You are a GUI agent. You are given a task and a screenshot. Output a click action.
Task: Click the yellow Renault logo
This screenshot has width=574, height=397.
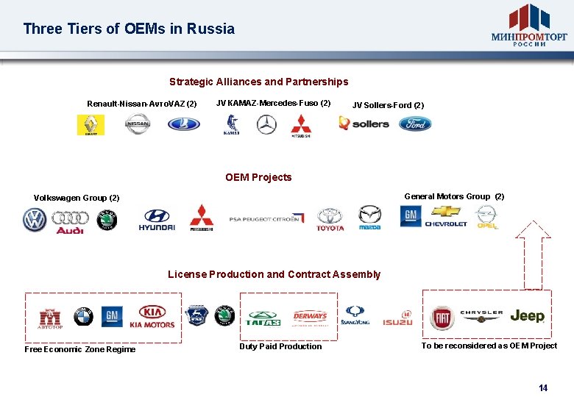[91, 125]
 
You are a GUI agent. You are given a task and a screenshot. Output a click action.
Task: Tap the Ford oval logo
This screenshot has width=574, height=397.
[415, 124]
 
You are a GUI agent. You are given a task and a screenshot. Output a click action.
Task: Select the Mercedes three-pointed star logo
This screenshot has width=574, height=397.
[266, 125]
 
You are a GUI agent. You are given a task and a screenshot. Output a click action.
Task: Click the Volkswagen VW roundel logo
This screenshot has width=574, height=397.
[34, 220]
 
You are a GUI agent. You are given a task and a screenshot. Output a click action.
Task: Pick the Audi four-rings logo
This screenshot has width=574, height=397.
[71, 222]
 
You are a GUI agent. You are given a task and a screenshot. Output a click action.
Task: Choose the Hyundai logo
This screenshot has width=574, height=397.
[157, 219]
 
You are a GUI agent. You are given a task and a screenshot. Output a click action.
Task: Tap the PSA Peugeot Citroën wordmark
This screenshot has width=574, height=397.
[265, 219]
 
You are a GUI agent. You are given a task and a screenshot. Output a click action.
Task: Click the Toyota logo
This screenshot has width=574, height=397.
[330, 219]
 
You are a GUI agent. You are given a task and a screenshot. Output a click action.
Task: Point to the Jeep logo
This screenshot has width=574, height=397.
[527, 316]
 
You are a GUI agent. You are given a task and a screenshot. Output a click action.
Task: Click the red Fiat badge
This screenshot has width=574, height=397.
[443, 317]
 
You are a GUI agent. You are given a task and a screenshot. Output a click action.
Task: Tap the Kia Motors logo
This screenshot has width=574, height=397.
[152, 317]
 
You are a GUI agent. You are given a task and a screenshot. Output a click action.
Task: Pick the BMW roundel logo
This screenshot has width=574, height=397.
[83, 317]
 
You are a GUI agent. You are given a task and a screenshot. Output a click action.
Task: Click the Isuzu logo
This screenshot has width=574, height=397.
[397, 318]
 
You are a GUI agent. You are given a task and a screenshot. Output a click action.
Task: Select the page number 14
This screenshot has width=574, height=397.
[543, 387]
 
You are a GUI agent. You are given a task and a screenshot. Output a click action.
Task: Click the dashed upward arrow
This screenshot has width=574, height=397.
[532, 254]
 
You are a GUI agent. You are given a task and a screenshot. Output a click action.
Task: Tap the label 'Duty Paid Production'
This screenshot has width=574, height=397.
[280, 346]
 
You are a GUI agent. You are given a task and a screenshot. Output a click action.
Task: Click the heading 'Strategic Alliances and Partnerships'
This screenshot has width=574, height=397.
[258, 82]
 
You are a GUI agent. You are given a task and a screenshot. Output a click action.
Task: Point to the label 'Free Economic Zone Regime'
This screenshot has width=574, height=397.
[79, 349]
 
